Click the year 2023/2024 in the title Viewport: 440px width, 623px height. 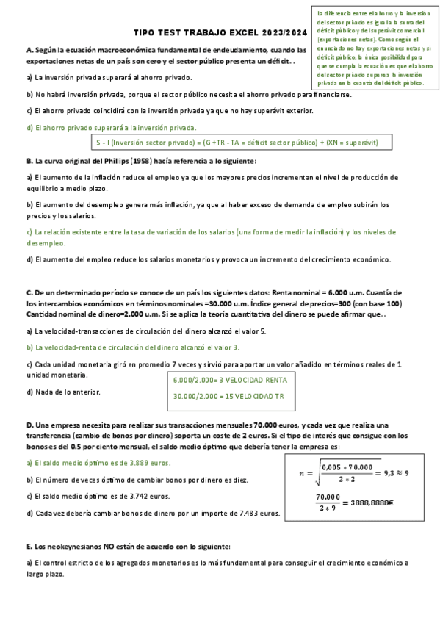[x=283, y=33]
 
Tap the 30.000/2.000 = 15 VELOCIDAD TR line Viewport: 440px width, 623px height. [x=228, y=397]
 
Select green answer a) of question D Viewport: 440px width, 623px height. [x=98, y=463]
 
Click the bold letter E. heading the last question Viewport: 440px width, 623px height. [x=29, y=546]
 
